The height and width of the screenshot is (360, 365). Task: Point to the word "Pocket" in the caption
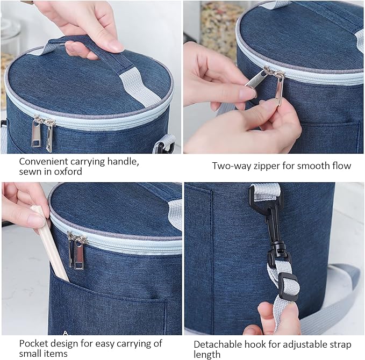click(x=33, y=343)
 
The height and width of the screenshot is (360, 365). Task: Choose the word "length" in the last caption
click(x=207, y=355)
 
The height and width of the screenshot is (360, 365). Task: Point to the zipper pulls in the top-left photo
click(x=44, y=133)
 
